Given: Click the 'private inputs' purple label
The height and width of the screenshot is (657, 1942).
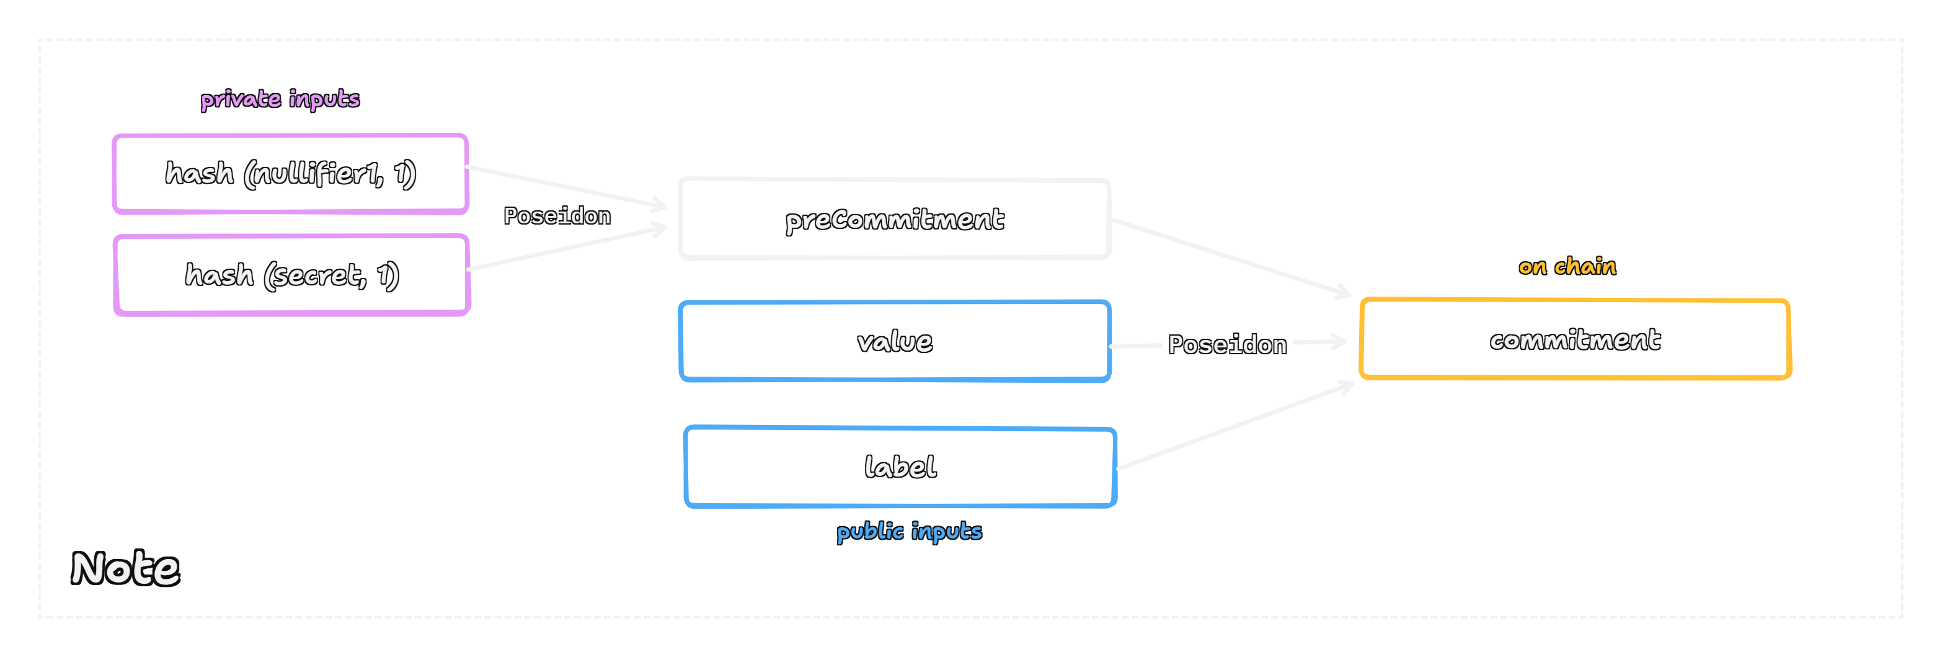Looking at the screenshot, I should click(x=280, y=99).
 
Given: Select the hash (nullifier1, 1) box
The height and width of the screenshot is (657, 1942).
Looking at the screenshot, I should click(x=290, y=174).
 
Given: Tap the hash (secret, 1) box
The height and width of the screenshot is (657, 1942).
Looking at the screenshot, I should click(x=292, y=275).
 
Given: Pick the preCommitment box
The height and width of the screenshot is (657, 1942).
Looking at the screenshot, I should click(x=894, y=220).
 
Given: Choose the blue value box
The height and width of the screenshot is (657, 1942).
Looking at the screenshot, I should click(x=894, y=342).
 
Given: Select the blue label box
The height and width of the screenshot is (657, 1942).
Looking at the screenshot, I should click(x=900, y=467).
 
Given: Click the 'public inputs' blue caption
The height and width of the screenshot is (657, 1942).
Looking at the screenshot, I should click(x=909, y=531).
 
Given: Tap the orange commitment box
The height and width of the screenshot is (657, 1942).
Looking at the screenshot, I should click(x=1575, y=339).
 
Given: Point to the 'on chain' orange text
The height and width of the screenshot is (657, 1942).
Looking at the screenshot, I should click(x=1567, y=266).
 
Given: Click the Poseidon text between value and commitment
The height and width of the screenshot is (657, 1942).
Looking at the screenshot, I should click(x=1226, y=345).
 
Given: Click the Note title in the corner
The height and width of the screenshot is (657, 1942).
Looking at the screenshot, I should click(x=125, y=568).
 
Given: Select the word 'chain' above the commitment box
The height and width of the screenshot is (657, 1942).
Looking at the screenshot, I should click(x=1585, y=266).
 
